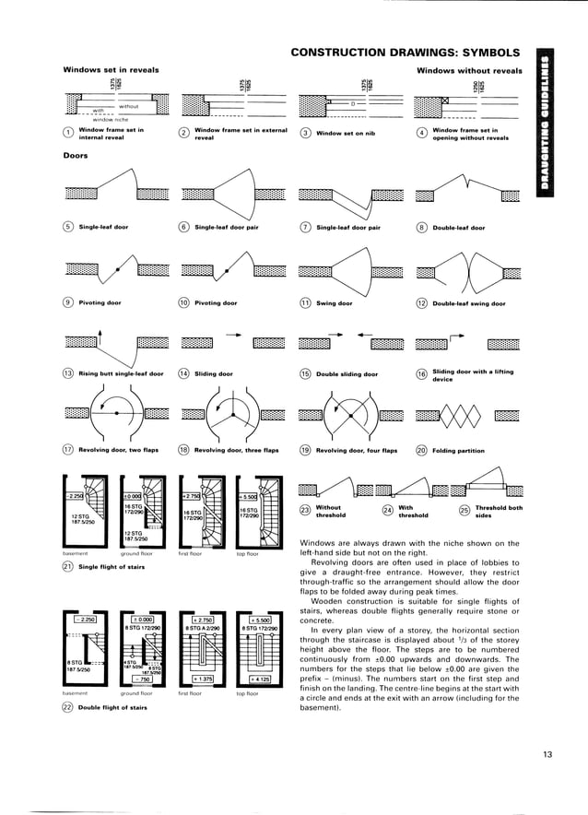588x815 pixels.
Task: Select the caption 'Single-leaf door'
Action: [x=103, y=226]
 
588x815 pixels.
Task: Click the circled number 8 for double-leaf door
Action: [x=422, y=226]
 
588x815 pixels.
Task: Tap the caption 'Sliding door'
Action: [x=214, y=374]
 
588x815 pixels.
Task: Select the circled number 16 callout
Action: [x=422, y=374]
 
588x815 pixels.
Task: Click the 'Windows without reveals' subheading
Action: [x=469, y=70]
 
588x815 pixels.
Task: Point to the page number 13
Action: [x=547, y=755]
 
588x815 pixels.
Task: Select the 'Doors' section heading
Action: [x=75, y=156]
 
